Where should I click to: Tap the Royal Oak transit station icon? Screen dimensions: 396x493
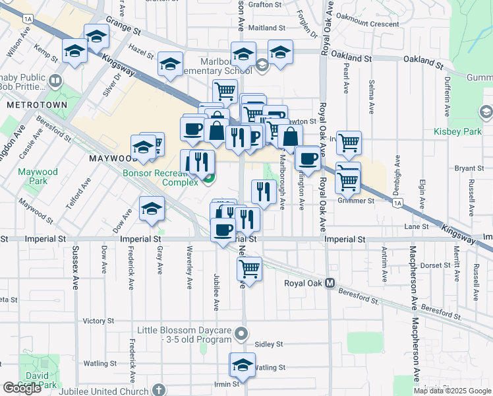click(x=330, y=283)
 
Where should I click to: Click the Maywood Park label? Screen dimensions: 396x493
click(x=33, y=176)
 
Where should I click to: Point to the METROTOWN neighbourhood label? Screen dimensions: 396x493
click(x=28, y=105)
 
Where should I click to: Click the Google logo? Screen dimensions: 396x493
click(x=22, y=388)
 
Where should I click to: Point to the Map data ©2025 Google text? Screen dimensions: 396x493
click(x=452, y=391)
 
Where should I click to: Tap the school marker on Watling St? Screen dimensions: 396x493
click(x=242, y=365)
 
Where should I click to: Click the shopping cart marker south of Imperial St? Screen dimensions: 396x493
click(x=249, y=268)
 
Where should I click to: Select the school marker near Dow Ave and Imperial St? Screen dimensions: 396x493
click(x=152, y=208)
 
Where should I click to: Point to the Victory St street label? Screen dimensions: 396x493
click(x=99, y=321)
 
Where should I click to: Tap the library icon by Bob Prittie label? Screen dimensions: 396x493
click(x=55, y=82)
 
